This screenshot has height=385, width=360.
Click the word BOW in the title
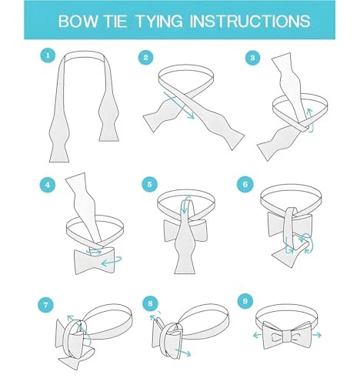(x=78, y=21)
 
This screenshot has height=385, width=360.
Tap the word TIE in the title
(x=115, y=21)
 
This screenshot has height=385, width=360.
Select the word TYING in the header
(x=159, y=21)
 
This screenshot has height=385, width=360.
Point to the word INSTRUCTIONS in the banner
(x=250, y=21)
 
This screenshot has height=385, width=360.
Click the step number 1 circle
(x=48, y=55)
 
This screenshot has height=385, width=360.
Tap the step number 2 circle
(x=145, y=58)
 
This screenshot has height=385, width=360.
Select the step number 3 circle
(x=252, y=58)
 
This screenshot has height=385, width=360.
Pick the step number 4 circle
(x=48, y=185)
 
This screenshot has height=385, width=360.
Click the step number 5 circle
(x=149, y=184)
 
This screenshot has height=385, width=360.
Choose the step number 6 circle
(x=245, y=184)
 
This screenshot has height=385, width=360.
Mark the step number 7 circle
(x=45, y=305)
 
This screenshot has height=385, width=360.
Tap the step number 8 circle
(x=150, y=303)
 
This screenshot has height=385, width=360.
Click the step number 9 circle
(x=245, y=301)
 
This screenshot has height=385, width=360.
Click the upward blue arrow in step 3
(x=311, y=121)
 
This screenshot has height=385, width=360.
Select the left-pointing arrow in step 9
(x=257, y=335)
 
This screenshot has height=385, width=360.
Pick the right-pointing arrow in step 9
(x=317, y=335)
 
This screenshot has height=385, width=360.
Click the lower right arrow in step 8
(x=183, y=353)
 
